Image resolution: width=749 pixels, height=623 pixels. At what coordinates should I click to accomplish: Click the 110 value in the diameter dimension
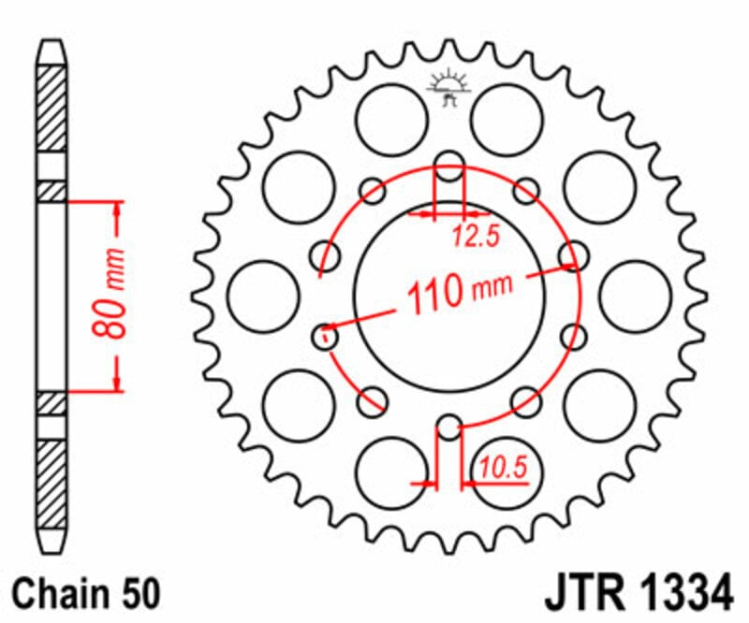click(x=434, y=297)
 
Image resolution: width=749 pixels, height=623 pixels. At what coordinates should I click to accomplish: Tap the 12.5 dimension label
click(x=474, y=238)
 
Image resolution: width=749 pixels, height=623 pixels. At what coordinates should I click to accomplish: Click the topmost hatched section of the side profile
click(x=52, y=108)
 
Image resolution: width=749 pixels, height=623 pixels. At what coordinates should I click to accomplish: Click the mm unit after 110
click(x=492, y=285)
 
